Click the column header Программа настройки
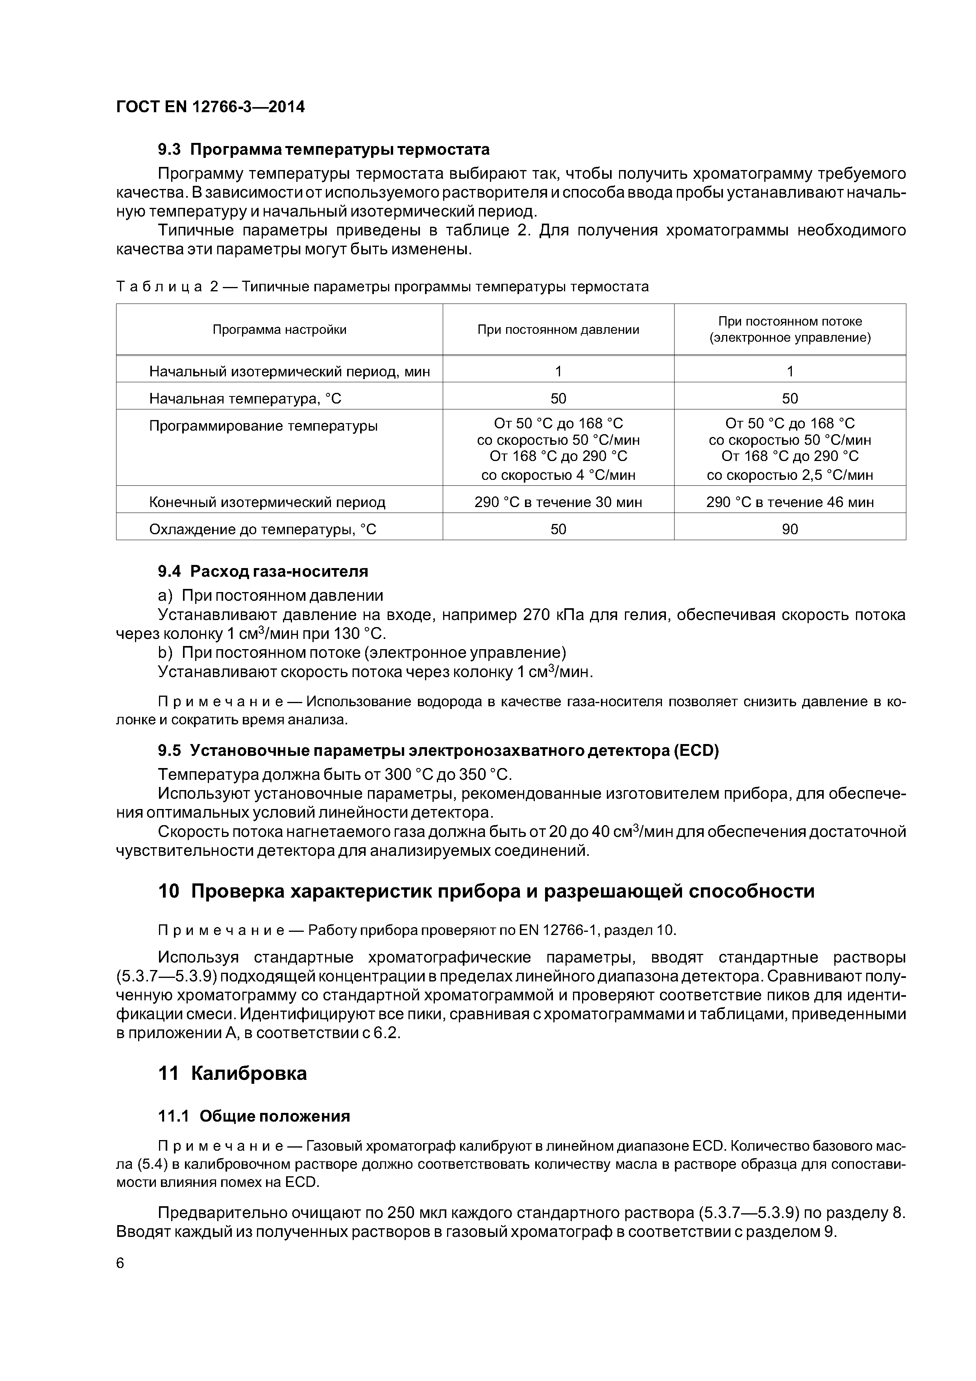280,330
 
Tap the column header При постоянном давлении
558,330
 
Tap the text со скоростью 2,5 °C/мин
789,475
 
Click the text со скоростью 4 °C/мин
558,475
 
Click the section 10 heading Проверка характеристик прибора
486,891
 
